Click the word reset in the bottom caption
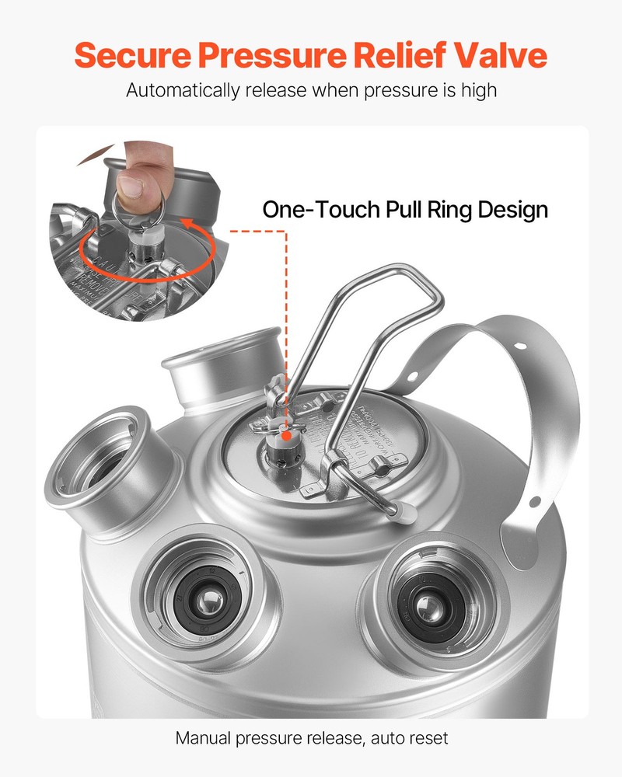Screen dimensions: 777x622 click(426, 737)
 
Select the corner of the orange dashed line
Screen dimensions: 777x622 click(286, 231)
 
